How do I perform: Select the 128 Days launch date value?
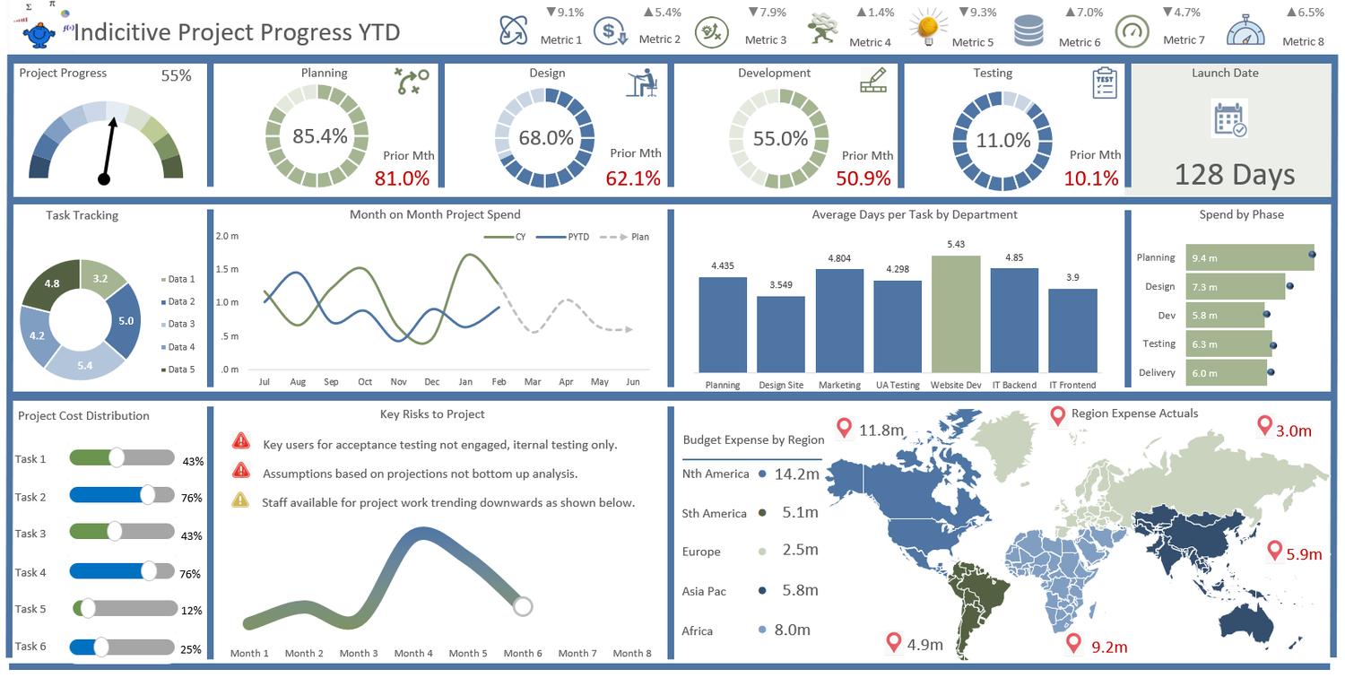1234,175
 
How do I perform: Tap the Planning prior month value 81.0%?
402,178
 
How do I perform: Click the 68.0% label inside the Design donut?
546,138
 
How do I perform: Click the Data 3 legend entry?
179,324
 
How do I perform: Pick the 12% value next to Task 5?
192,611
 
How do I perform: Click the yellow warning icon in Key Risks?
240,500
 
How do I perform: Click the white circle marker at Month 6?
524,606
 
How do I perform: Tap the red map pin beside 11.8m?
843,428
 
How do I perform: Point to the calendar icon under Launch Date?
1229,119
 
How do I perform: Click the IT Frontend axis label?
1072,385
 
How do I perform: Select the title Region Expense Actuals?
1134,413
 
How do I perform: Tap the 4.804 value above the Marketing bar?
839,258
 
